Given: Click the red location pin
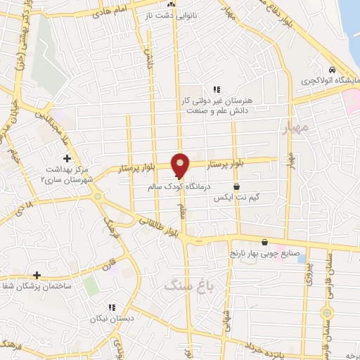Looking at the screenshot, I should (181, 165).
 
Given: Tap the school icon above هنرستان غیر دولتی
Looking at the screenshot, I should (217, 89).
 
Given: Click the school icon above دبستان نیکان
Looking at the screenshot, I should (111, 307).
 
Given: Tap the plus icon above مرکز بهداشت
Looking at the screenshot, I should (67, 158).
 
